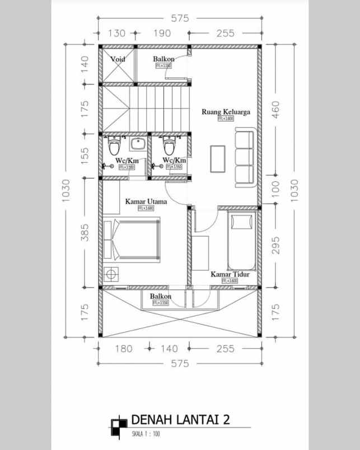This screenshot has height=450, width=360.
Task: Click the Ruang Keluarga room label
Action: click(x=226, y=111)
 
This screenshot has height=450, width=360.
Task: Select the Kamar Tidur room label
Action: click(x=230, y=275)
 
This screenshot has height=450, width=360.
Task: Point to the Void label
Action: click(x=118, y=59)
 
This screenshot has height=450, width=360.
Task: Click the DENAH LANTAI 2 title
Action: click(x=180, y=420)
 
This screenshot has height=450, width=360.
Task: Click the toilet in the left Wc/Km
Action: click(x=115, y=147)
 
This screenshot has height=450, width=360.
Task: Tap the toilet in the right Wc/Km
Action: click(x=169, y=147)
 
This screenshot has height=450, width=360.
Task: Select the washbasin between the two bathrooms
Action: click(x=138, y=144)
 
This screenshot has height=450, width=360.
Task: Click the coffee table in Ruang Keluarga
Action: click(x=218, y=160)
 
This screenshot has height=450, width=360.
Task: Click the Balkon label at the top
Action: click(x=163, y=59)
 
